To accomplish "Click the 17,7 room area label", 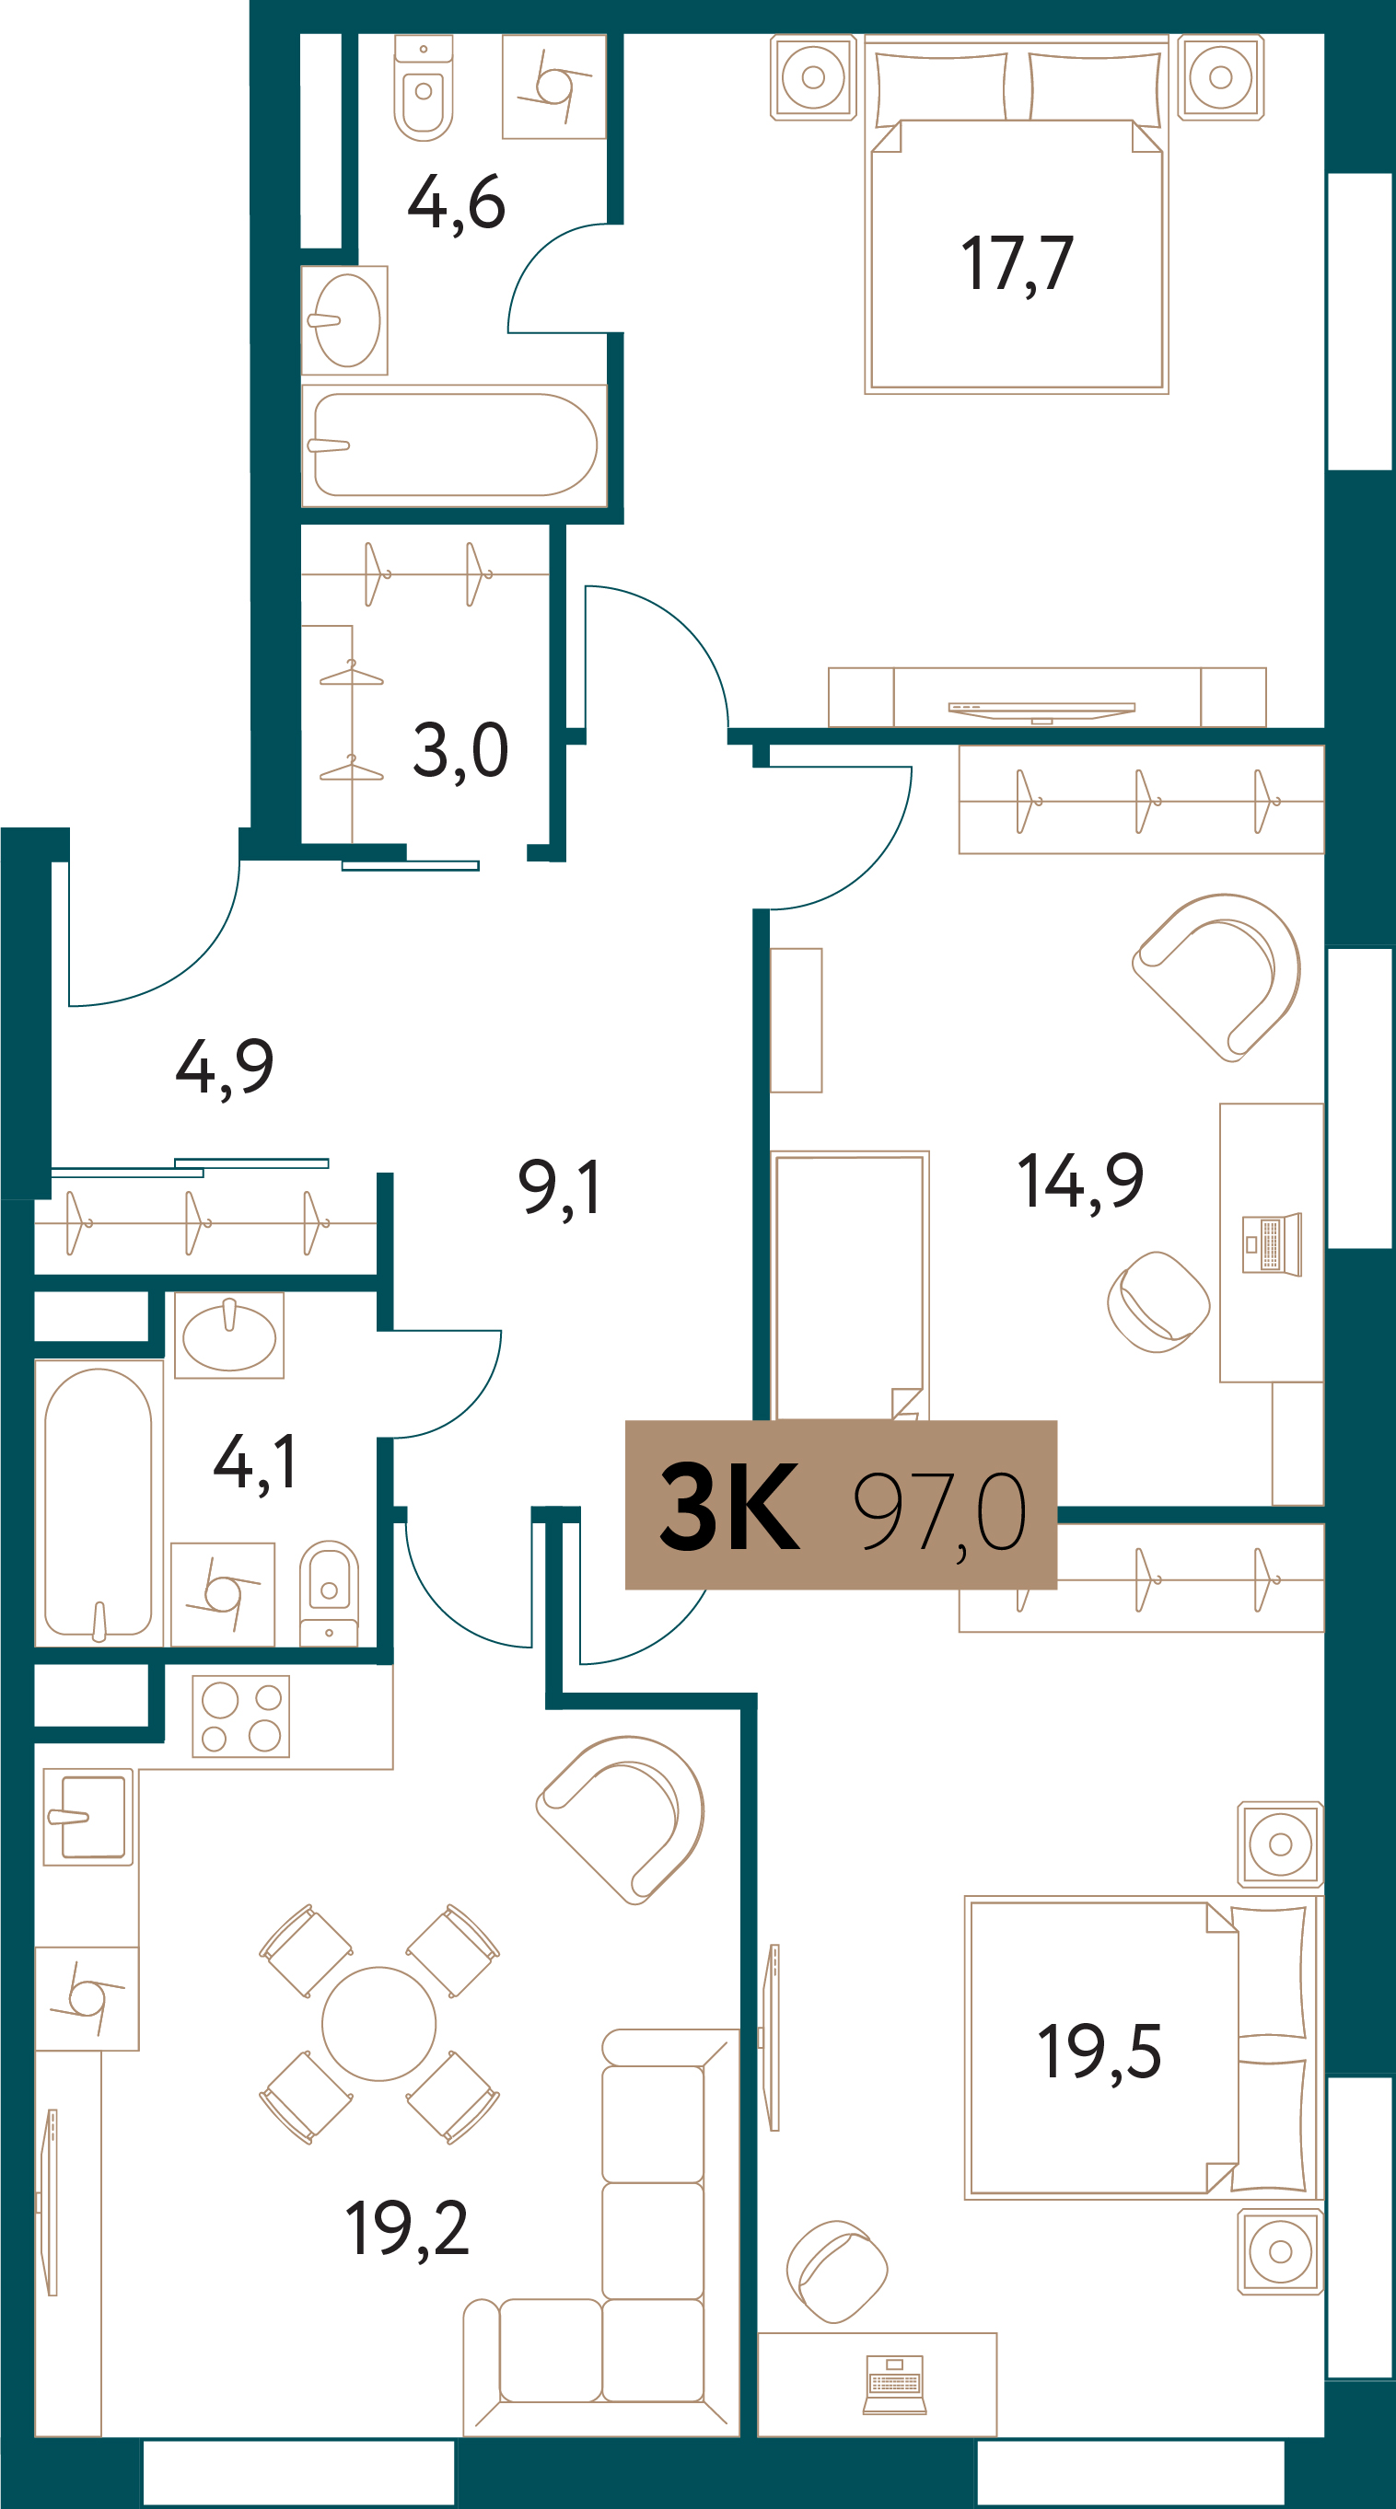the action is click(x=1017, y=264).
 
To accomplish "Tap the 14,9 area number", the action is click(x=1080, y=1182).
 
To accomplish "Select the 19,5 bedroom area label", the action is click(x=1099, y=2052).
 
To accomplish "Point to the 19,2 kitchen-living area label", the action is click(x=407, y=2228).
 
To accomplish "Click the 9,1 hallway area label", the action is click(x=559, y=1187).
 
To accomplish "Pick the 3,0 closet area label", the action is click(x=460, y=751).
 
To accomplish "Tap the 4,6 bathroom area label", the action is click(x=456, y=203).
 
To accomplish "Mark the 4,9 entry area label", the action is click(x=224, y=1068).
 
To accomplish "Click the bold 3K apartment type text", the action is click(x=729, y=1507).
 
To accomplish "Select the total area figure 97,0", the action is click(x=940, y=1511).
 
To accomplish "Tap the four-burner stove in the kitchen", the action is click(x=240, y=1717).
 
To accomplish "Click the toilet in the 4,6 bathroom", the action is click(x=423, y=87).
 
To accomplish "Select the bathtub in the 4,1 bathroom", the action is click(x=99, y=1503).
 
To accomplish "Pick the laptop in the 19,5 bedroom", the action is click(x=894, y=2386).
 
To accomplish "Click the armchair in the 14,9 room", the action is click(x=1216, y=977).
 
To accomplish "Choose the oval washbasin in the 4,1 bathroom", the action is click(x=229, y=1336).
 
